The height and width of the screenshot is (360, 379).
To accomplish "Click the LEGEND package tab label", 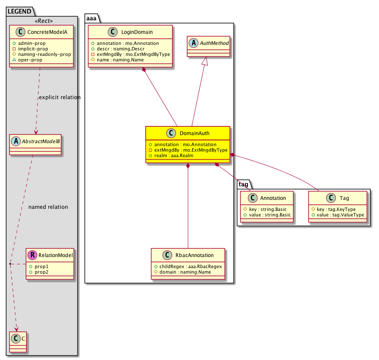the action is click(19, 11).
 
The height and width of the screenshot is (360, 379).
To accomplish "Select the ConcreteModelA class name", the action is click(47, 32).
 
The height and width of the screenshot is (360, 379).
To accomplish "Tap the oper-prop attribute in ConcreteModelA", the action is click(30, 60).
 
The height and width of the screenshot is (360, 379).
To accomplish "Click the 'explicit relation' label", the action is click(60, 97).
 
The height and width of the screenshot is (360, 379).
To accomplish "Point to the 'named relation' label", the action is click(48, 207).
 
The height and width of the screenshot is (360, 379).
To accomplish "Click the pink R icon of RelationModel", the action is click(32, 255).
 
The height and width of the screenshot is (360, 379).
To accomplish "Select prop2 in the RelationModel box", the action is click(41, 272).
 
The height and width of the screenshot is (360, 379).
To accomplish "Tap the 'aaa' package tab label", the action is click(91, 18).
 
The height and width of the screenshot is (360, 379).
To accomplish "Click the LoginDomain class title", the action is click(137, 32).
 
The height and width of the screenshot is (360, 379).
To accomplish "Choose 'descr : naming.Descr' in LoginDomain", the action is click(121, 49).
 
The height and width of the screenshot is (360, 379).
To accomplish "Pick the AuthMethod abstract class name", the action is click(214, 43).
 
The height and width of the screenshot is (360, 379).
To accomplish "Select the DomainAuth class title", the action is click(194, 133).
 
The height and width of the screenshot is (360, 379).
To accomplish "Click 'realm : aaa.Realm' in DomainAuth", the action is click(174, 155).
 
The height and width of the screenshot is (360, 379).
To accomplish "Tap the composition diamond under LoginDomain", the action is click(144, 70).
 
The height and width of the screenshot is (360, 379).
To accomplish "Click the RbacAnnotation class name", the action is click(194, 255).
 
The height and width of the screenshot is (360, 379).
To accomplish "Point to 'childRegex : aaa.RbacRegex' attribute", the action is click(190, 266).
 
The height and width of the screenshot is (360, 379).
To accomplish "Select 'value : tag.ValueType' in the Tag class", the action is click(341, 215).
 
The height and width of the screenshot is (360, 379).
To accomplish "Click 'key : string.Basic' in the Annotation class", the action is click(268, 209).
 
